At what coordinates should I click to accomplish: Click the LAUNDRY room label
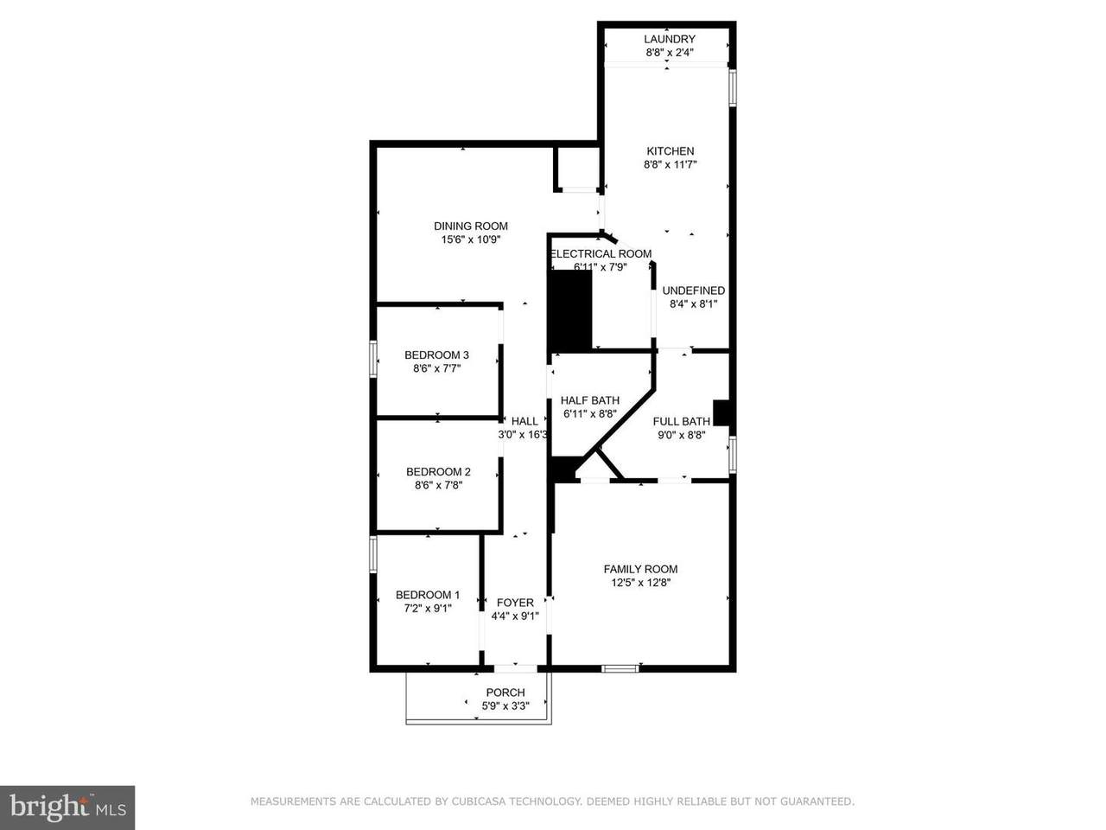click(x=669, y=39)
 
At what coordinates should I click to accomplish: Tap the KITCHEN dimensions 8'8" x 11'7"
click(x=671, y=164)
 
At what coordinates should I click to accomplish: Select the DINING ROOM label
click(x=471, y=227)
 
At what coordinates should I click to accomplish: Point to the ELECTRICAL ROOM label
click(x=601, y=253)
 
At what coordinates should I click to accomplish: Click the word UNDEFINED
click(x=693, y=290)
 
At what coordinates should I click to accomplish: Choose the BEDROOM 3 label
click(x=436, y=355)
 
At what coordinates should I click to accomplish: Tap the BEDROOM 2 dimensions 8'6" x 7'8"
click(x=438, y=485)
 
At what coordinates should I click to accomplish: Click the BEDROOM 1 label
click(x=428, y=595)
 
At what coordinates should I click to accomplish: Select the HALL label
click(x=524, y=421)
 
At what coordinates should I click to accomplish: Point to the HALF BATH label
click(x=590, y=400)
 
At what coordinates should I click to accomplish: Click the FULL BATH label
click(x=681, y=422)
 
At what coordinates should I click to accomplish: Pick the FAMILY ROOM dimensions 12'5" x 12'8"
click(x=640, y=583)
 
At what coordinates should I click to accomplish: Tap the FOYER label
click(x=515, y=603)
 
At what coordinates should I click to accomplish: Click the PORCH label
click(x=505, y=693)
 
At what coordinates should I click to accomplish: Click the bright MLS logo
click(x=67, y=808)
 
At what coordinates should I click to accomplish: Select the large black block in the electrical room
click(x=570, y=311)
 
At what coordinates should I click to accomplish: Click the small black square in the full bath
click(x=721, y=412)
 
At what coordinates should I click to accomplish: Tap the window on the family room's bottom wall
click(x=620, y=668)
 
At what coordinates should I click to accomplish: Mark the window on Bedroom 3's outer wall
click(x=373, y=359)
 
